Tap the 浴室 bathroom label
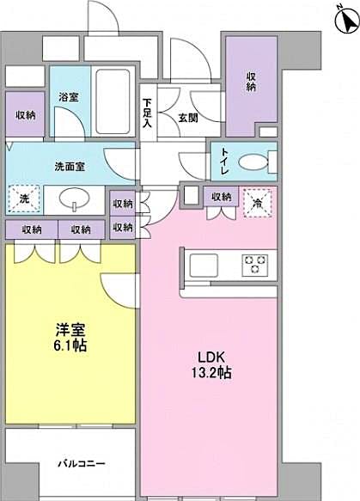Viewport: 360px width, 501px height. coord(69,97)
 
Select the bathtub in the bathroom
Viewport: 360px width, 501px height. coord(113,101)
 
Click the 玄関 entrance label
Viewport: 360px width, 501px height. coord(189,118)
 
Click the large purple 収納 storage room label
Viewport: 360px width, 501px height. coord(251,82)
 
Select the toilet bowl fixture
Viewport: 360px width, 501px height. coord(251,162)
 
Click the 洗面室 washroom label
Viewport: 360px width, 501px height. coord(69,165)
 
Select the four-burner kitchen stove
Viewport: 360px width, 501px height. coord(256,264)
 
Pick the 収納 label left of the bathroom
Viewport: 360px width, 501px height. coord(25,115)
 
